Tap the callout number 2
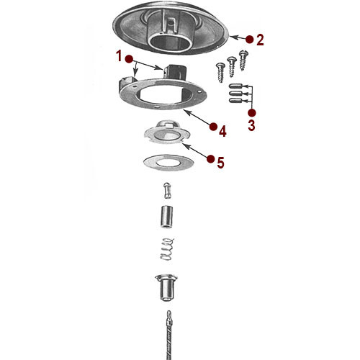[x=260, y=40]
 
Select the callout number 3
[x=251, y=125]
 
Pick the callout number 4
[x=223, y=131]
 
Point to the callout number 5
[x=221, y=163]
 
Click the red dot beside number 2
[x=248, y=38]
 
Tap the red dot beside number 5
[x=210, y=158]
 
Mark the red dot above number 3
[x=251, y=113]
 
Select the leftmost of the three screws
[x=219, y=71]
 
